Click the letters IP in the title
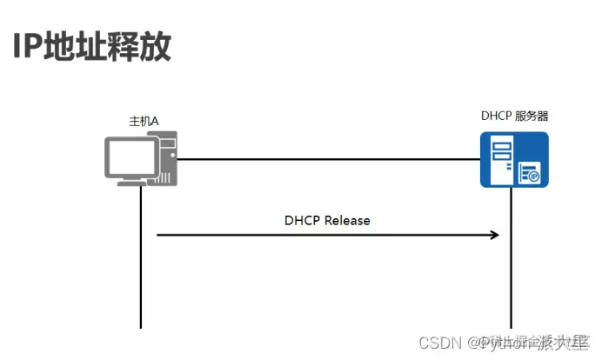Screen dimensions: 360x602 (27, 47)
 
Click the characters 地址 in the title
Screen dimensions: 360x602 (73, 47)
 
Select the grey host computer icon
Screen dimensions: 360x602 (141, 158)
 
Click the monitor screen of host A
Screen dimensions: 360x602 (129, 155)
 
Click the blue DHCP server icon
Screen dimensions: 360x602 (514, 159)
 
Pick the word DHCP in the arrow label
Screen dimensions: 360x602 (303, 220)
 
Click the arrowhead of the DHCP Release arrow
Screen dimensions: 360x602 (494, 235)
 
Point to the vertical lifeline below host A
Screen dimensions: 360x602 (140, 261)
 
